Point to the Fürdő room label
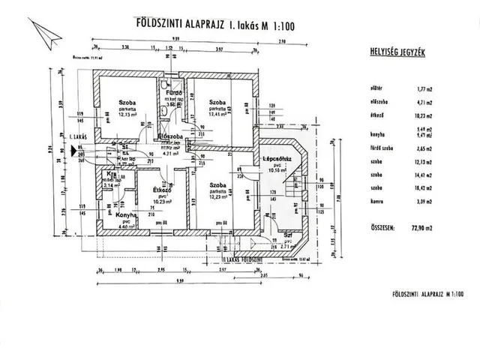pos(175,93)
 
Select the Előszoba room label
pos(172,136)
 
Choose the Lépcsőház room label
pos(277,159)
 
